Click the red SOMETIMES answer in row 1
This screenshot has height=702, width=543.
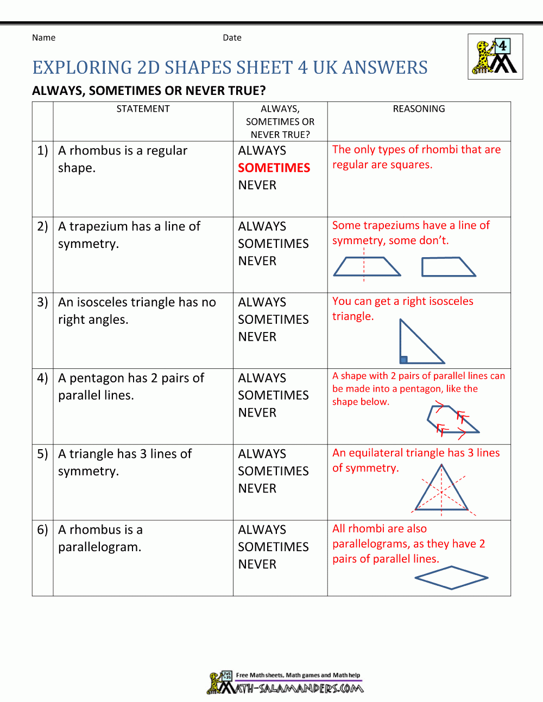click(x=274, y=168)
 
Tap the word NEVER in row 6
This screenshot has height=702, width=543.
click(x=257, y=564)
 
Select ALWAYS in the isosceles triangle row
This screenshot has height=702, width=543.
click(x=262, y=302)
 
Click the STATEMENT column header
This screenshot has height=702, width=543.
click(x=143, y=109)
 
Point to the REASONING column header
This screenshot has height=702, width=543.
click(x=419, y=109)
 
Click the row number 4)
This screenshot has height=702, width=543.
click(x=42, y=378)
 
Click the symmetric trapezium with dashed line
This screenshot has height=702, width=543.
click(x=366, y=267)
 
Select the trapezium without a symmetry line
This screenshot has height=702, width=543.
click(x=447, y=267)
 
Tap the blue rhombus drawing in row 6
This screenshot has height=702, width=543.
click(x=451, y=578)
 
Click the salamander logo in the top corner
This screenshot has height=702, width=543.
click(x=495, y=57)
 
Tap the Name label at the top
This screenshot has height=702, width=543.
click(x=43, y=37)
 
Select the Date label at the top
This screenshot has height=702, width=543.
click(x=232, y=37)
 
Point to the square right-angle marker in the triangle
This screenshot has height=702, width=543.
click(x=403, y=360)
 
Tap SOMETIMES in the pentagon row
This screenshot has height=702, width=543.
click(x=273, y=395)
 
